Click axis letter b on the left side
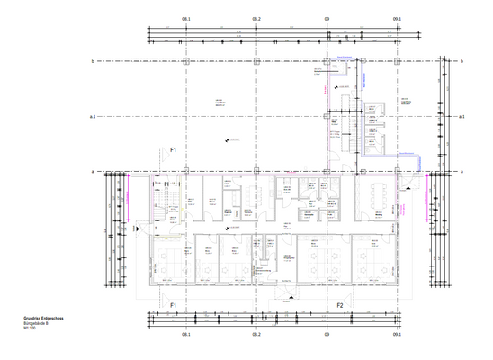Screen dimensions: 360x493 click(x=93, y=61)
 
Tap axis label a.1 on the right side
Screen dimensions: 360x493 click(x=461, y=117)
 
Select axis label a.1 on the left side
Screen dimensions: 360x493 click(x=93, y=117)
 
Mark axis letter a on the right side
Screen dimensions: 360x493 click(x=461, y=171)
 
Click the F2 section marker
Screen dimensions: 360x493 click(x=341, y=306)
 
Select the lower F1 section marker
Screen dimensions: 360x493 click(x=175, y=306)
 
